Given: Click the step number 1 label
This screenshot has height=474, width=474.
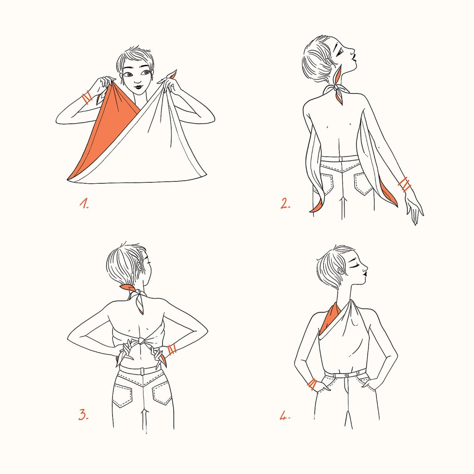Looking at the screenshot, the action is pyautogui.click(x=84, y=203).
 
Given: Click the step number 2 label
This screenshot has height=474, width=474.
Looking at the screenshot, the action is pyautogui.click(x=285, y=203).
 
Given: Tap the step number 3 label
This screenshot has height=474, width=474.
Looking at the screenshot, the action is pyautogui.click(x=83, y=414).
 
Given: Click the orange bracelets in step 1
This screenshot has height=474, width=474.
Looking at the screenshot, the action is pyautogui.click(x=87, y=97).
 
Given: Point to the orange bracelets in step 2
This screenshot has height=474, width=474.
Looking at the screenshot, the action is pyautogui.click(x=405, y=184).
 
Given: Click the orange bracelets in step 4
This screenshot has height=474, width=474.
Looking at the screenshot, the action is pyautogui.click(x=312, y=384).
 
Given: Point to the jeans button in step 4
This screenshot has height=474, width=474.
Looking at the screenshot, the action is pyautogui.click(x=346, y=375).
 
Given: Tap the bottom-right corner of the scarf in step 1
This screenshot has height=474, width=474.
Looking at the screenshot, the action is pyautogui.click(x=206, y=175).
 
